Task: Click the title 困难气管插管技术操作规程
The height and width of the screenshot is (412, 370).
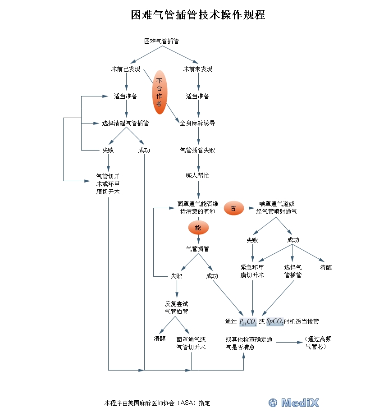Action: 197,15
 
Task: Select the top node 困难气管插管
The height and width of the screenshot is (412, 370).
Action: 161,41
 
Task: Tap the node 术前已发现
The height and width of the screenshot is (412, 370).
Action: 126,69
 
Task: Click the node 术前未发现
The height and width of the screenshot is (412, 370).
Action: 198,69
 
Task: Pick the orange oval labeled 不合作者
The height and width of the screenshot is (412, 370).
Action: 159,92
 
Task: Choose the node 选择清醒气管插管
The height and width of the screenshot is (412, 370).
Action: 126,123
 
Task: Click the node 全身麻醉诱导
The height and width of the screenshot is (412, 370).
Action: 197,123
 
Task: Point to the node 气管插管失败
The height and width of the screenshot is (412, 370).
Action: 197,150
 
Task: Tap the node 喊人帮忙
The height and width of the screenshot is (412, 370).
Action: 197,175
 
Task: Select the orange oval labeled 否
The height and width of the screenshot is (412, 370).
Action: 233,208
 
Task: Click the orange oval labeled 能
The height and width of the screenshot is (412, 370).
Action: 198,228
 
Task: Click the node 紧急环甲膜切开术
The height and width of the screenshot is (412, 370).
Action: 252,271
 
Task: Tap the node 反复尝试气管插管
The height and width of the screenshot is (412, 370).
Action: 176,307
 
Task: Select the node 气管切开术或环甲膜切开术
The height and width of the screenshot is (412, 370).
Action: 108,183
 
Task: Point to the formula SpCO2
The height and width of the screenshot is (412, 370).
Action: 274,321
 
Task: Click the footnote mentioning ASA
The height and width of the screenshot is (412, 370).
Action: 157,403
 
